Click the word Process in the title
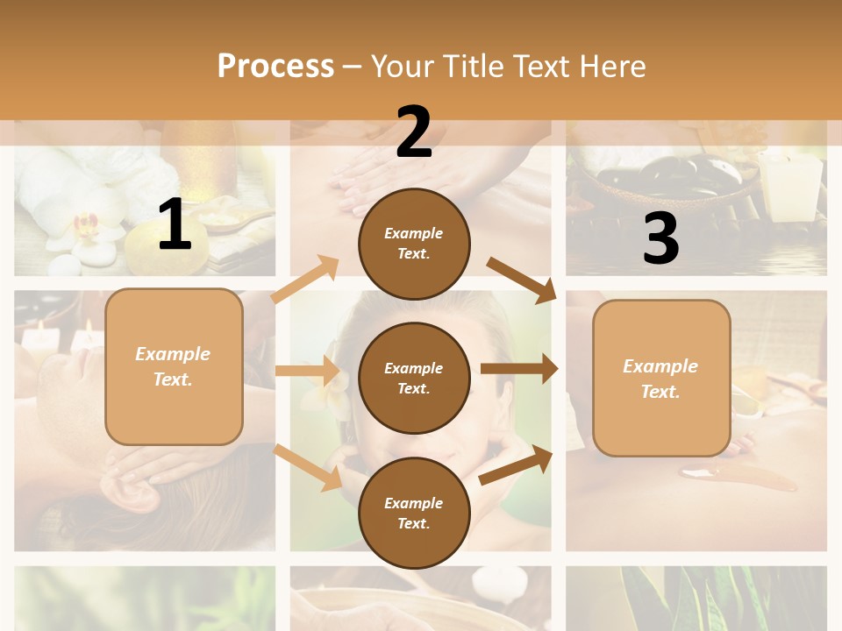275,66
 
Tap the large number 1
174,224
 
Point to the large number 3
660,238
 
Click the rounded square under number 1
174,366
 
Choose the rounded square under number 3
661,378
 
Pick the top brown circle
414,243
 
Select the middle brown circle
414,378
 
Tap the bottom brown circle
414,513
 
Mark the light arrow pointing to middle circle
307,371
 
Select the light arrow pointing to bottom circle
308,468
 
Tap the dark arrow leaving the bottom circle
516,464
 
